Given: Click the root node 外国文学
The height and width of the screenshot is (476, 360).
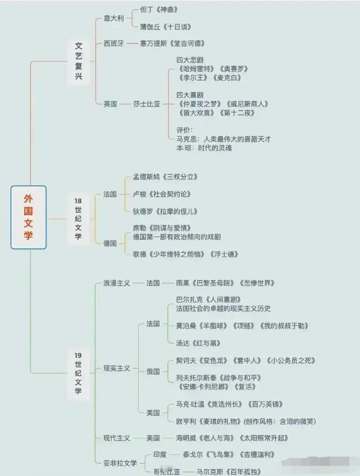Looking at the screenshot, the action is tap(28, 217).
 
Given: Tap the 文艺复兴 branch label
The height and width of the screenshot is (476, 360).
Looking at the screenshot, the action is tap(79, 60).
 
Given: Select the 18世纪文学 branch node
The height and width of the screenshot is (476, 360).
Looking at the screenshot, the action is tap(78, 219).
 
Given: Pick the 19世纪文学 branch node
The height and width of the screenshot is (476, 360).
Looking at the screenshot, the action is tap(78, 373).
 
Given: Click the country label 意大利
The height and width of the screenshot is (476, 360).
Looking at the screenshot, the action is tap(113, 18).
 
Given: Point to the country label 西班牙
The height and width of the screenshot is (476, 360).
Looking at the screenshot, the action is tap(113, 43).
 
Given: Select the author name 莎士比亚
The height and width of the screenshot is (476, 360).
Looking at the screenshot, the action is tap(147, 104).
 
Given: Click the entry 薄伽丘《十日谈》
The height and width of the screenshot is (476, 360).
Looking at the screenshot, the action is tap(165, 27).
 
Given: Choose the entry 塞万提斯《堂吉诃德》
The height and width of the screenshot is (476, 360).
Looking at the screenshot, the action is tap(172, 43).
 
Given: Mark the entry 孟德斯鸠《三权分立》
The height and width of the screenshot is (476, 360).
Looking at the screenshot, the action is tap(165, 177).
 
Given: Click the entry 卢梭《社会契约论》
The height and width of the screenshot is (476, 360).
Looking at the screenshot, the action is tap(162, 194).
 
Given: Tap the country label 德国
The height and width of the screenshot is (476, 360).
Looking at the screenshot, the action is tap(110, 243).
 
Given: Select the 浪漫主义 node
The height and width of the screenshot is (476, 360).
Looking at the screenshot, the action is tap(116, 283).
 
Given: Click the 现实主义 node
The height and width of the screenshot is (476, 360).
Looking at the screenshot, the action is tap(116, 368).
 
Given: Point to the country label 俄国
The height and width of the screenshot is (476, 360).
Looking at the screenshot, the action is tap(153, 371).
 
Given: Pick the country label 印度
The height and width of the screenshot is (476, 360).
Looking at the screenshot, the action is tap(160, 454).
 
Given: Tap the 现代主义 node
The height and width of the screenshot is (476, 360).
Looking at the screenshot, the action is tap(116, 438).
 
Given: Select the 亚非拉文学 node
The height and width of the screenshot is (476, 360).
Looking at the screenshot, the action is tap(120, 463).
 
